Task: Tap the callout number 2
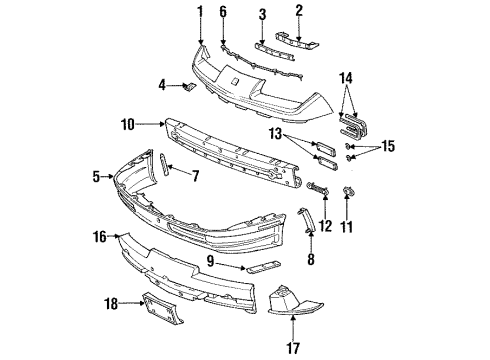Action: [297, 11]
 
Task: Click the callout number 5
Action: [97, 177]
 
